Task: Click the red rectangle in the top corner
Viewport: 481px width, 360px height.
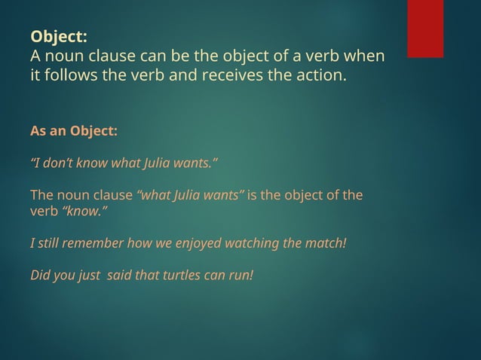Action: click(425, 28)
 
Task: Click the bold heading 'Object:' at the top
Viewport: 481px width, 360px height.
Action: click(59, 36)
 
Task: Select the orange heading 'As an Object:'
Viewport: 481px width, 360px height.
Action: click(74, 131)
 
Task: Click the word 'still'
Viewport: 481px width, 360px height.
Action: click(51, 244)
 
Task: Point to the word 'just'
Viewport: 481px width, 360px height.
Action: click(90, 274)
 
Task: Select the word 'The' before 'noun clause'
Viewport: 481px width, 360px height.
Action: click(41, 196)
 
